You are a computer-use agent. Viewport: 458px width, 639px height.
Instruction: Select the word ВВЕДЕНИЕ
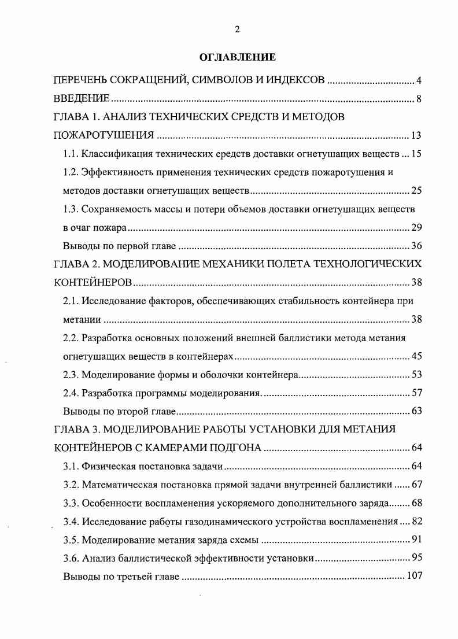82,99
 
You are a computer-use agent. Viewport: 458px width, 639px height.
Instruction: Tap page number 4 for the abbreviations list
419,80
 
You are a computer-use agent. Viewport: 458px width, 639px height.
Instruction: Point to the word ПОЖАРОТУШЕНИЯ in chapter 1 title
104,136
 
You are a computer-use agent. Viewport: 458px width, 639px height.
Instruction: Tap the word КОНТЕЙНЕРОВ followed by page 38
93,282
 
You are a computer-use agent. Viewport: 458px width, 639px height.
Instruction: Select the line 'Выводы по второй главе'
119,412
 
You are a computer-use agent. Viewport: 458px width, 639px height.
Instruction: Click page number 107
414,577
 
